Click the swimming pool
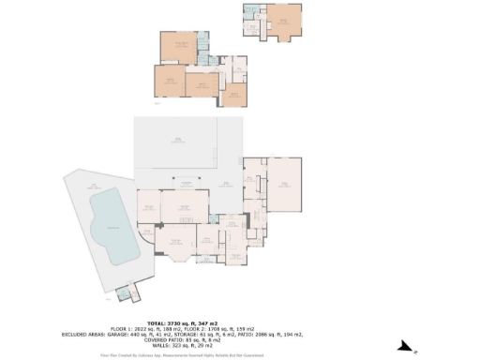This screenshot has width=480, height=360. (111, 225)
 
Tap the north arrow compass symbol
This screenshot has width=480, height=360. (405, 347)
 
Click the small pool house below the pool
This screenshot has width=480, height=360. (125, 294)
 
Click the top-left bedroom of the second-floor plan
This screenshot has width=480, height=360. (178, 47)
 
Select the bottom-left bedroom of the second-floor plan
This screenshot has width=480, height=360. (169, 82)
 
